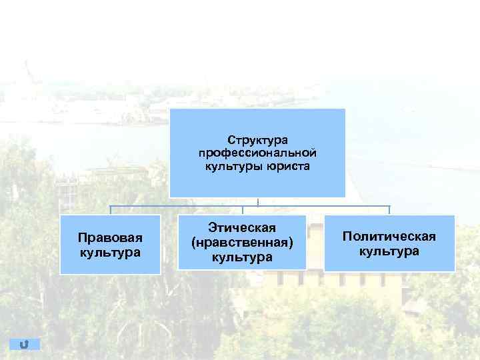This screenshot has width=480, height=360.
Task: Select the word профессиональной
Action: [x=257, y=153]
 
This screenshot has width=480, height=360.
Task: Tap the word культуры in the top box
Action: [x=231, y=165]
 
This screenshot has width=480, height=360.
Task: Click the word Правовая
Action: [x=110, y=238]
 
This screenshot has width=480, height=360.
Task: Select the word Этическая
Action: [x=242, y=229]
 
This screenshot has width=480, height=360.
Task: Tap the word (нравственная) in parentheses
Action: [x=242, y=243]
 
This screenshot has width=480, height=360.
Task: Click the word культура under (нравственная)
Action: [x=242, y=257]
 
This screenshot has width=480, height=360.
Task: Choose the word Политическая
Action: [x=389, y=237]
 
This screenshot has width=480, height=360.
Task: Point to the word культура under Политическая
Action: [x=389, y=251]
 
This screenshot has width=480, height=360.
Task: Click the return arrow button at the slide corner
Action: [x=25, y=344]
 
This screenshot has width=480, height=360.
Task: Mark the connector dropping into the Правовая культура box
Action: [x=111, y=210]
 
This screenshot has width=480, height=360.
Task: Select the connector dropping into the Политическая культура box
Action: [x=389, y=210]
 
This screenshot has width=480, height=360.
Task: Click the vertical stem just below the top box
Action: [x=257, y=201]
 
